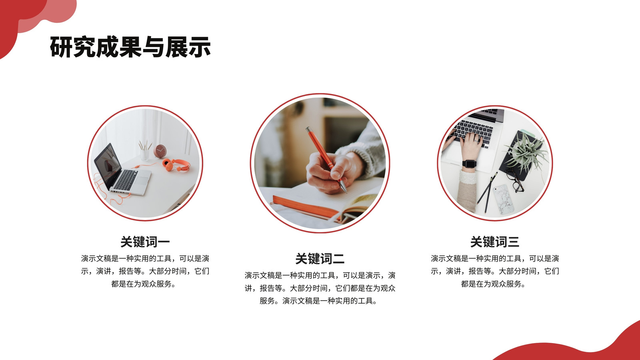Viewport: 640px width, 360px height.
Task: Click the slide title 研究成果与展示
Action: (x=130, y=47)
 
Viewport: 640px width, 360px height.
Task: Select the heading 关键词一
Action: (x=145, y=242)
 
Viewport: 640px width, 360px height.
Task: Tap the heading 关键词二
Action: (x=320, y=258)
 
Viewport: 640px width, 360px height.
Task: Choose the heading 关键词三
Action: (x=494, y=242)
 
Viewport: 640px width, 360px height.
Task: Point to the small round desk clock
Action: (x=160, y=151)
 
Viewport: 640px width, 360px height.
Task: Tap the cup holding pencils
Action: (x=144, y=154)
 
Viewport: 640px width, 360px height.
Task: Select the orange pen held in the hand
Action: (x=326, y=160)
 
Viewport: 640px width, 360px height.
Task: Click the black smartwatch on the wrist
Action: (x=469, y=164)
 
